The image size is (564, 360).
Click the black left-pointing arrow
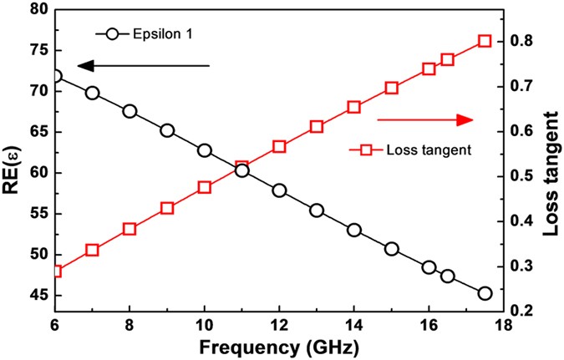(x=142, y=65)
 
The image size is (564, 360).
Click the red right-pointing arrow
(x=425, y=120)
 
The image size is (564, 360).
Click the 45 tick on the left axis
(x=36, y=296)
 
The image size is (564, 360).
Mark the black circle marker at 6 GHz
(x=55, y=76)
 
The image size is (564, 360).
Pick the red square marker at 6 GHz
(x=55, y=271)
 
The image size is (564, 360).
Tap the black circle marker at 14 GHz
(x=354, y=230)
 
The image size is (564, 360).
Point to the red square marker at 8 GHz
(x=130, y=229)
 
